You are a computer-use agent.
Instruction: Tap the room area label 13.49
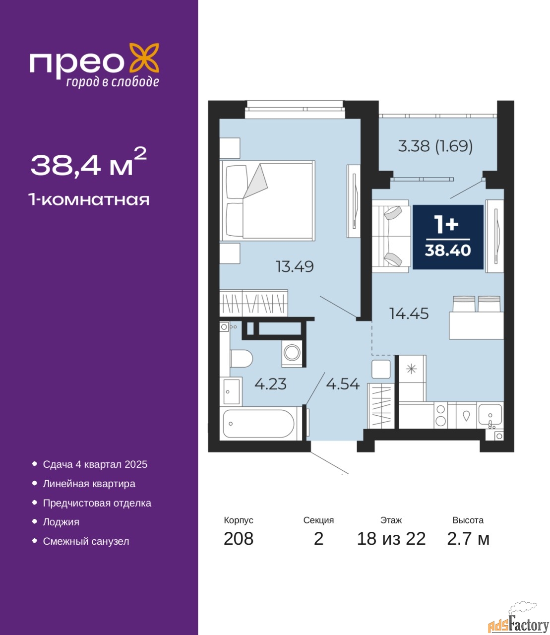(x=295, y=266)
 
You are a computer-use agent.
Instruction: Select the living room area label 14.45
(x=409, y=314)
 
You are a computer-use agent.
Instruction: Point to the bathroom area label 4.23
(x=271, y=384)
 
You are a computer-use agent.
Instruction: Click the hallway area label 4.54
(x=343, y=384)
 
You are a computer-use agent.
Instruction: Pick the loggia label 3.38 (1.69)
(x=435, y=146)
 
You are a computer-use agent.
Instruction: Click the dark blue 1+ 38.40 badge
(x=448, y=237)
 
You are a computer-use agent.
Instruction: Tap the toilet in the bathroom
(x=242, y=358)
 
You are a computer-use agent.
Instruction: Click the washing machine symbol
(x=292, y=352)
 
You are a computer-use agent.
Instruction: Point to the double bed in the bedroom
(x=267, y=200)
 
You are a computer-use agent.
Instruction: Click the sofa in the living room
(x=391, y=236)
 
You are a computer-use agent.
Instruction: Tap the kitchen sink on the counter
(x=490, y=416)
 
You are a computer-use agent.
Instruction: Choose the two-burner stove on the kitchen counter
(x=441, y=415)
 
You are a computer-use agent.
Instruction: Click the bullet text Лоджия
(x=61, y=522)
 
